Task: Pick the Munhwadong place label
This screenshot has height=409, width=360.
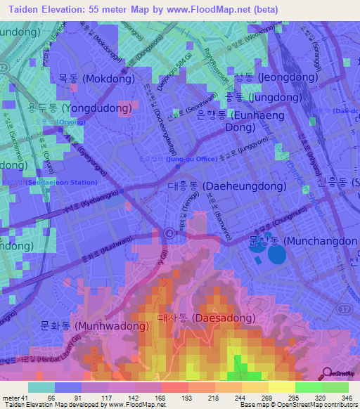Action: pos(70,327)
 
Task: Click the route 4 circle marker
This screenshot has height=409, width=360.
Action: pos(168,232)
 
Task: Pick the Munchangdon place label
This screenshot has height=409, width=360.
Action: pos(302,241)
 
